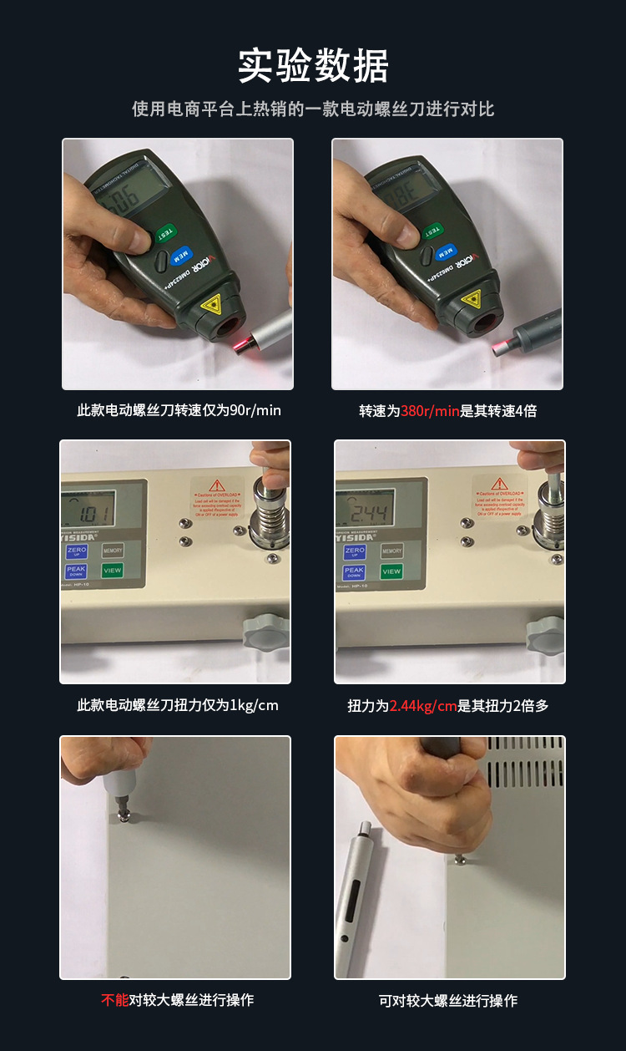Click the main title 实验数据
tap(313, 66)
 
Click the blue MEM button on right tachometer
tap(448, 251)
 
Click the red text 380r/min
tap(431, 411)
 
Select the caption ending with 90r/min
tap(179, 410)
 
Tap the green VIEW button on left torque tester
tap(112, 571)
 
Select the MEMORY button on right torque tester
tap(391, 551)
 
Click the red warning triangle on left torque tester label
tap(218, 485)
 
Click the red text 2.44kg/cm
tap(423, 706)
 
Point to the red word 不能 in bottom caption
tap(114, 1000)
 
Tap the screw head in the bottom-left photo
tap(124, 817)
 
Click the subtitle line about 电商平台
tap(313, 109)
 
